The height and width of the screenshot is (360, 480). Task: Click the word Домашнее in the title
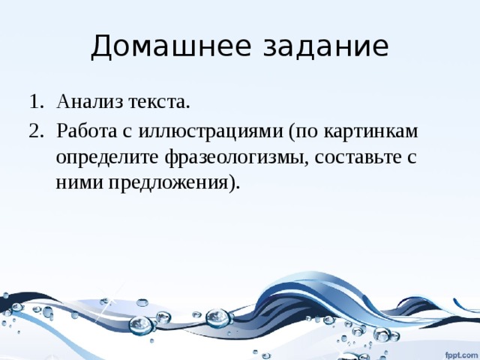click(171, 46)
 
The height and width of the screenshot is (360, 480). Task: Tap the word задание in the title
click(326, 46)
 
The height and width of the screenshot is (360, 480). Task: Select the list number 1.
click(34, 101)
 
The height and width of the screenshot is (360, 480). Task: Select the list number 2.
click(34, 130)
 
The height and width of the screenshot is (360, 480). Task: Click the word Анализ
click(90, 101)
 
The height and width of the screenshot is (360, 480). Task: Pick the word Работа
click(87, 130)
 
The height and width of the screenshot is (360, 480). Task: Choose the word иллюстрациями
click(211, 133)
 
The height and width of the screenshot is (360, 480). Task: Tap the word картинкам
click(370, 133)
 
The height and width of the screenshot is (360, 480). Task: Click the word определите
click(108, 158)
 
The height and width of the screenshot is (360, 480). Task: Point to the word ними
click(79, 183)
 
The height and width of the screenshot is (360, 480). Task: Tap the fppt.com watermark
click(460, 355)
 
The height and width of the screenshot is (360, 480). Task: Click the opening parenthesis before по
click(291, 133)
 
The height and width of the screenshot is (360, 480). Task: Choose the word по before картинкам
click(307, 132)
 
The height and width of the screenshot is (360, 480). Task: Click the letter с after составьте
click(412, 159)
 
